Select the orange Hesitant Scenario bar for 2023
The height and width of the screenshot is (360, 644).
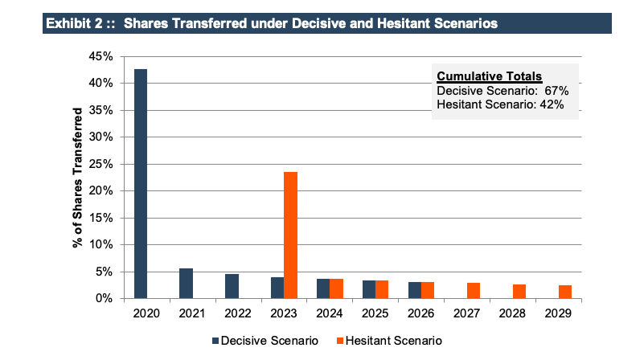290,235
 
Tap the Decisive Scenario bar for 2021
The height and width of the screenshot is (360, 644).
186,283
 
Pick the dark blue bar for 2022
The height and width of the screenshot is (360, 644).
232,286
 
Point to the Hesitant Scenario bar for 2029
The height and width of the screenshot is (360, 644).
566,292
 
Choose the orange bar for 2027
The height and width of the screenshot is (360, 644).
474,290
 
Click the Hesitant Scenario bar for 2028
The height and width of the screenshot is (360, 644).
520,291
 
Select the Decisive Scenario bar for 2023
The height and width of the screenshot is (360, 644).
277,288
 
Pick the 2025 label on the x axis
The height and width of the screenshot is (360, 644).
375,313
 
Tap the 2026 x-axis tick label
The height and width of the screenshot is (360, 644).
420,313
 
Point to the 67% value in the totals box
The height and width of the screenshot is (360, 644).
557,91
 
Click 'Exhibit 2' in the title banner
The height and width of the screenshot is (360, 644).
75,23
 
